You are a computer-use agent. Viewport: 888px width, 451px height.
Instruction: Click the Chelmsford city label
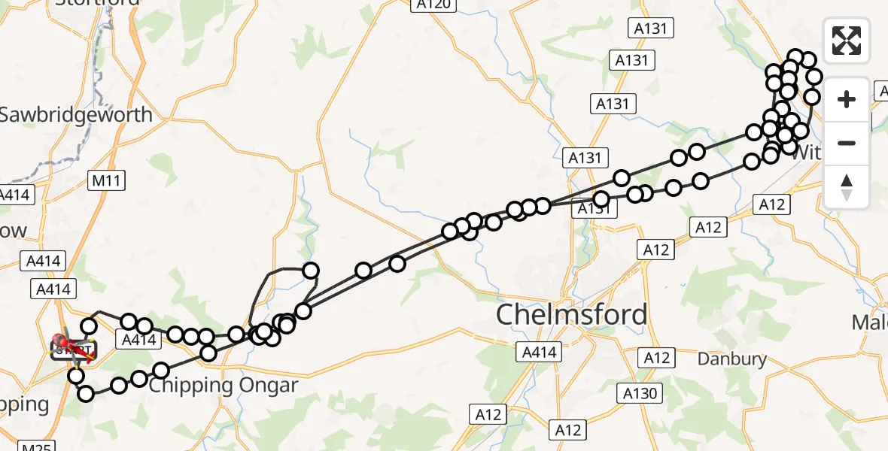pyautogui.click(x=571, y=314)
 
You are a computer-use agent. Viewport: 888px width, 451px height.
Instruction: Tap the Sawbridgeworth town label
pyautogui.click(x=75, y=115)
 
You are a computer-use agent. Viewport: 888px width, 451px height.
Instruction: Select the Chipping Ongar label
pyautogui.click(x=224, y=386)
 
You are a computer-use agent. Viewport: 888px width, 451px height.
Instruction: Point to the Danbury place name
pyautogui.click(x=731, y=359)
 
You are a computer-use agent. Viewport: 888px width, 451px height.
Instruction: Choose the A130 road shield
pyautogui.click(x=640, y=393)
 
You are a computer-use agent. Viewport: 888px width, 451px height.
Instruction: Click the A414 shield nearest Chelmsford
pyautogui.click(x=539, y=352)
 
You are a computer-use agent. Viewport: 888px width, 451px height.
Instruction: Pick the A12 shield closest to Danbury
pyautogui.click(x=653, y=357)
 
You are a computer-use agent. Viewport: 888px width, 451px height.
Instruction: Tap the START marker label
pyautogui.click(x=74, y=350)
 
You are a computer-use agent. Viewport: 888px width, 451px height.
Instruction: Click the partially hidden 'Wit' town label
pyautogui.click(x=807, y=153)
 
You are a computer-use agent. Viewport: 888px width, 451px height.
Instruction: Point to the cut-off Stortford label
pyautogui.click(x=99, y=3)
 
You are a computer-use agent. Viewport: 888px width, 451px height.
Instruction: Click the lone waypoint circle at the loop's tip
pyautogui.click(x=310, y=271)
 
